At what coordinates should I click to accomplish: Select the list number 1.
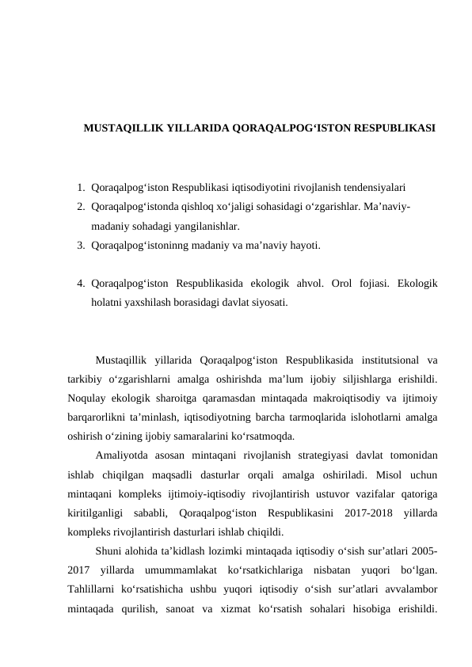pyautogui.click(x=82, y=189)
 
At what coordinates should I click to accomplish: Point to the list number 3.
pyautogui.click(x=82, y=246)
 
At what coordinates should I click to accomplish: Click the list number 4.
pyautogui.click(x=82, y=283)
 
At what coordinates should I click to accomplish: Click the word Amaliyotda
pyautogui.click(x=121, y=455)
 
